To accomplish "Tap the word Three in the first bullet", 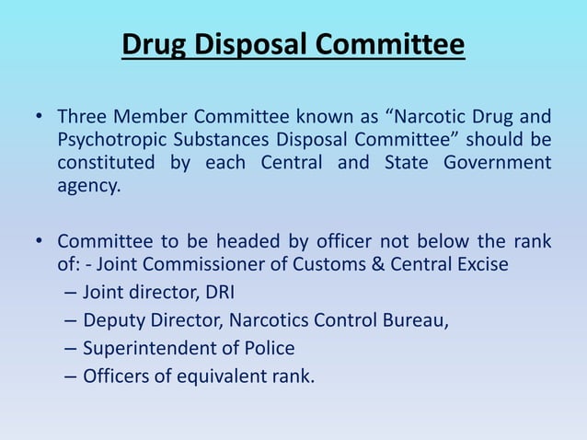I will (81, 118).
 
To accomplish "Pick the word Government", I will (498, 163).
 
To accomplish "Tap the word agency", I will (88, 186).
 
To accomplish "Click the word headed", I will (246, 242).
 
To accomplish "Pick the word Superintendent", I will (144, 348).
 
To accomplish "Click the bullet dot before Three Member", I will (40, 118).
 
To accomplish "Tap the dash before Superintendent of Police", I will (71, 348).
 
